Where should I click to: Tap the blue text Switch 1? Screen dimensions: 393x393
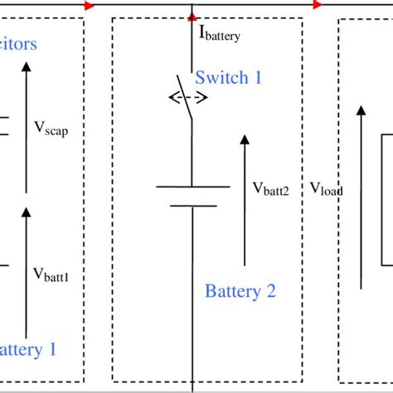tap(228, 77)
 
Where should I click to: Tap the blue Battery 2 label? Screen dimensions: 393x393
tap(240, 291)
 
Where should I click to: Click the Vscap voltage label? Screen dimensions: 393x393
tap(51, 128)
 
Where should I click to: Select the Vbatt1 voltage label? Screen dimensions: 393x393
tap(51, 274)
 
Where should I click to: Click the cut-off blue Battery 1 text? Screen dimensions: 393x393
tap(29, 348)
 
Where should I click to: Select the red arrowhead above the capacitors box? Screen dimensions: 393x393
tap(90, 5)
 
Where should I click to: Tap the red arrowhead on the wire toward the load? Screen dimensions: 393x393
tap(318, 5)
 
